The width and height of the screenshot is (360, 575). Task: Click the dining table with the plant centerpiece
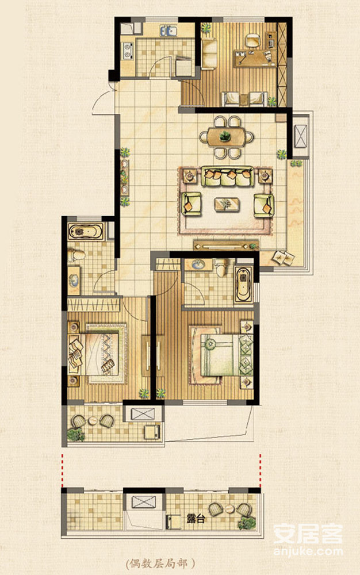226,137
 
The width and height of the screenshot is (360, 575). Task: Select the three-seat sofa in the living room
227,177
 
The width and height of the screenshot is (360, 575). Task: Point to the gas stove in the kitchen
128,50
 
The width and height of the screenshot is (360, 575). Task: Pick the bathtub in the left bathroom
86,232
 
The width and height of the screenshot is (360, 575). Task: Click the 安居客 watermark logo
308,534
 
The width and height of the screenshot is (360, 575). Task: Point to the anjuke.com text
308,551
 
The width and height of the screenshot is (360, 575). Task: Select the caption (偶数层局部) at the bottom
160,563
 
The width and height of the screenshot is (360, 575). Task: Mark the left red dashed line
62,470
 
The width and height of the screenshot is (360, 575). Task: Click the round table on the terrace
229,509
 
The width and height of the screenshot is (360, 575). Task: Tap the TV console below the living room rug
226,246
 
